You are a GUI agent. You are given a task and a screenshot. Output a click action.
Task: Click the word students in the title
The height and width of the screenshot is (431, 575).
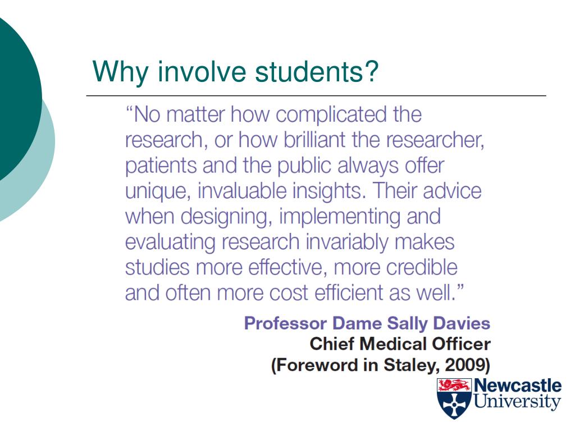(x=318, y=72)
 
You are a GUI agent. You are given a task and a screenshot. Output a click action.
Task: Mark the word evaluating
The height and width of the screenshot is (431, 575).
(x=170, y=242)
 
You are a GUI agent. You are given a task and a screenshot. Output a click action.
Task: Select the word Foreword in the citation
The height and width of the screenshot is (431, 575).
(x=311, y=365)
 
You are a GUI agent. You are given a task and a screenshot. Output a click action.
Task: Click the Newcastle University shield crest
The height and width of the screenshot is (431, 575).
(x=454, y=405)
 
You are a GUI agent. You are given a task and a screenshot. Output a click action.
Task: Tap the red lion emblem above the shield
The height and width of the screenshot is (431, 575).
(x=454, y=385)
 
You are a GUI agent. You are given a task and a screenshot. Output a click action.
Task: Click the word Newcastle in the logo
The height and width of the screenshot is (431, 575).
(x=517, y=386)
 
